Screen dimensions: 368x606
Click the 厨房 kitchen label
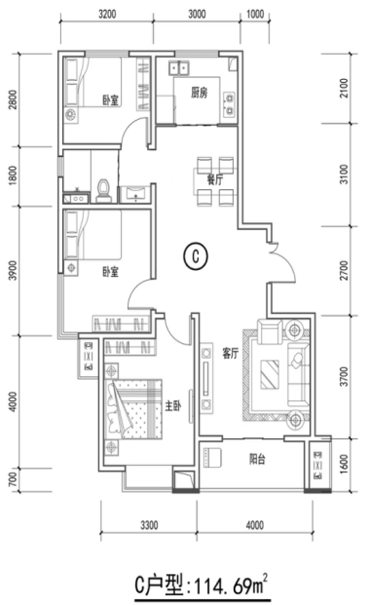(199, 93)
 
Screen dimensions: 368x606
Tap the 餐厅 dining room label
(215, 179)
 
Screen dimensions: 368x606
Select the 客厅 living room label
(230, 353)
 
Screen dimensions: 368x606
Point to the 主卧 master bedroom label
(173, 406)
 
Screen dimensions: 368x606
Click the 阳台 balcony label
(257, 459)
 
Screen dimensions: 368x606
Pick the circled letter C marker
(196, 255)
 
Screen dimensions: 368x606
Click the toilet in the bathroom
(103, 191)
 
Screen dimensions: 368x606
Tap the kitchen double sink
(178, 68)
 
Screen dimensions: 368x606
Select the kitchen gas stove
(229, 104)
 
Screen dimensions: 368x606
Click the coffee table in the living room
(270, 374)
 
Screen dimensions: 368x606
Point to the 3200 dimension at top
(107, 15)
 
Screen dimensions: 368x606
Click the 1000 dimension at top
(255, 15)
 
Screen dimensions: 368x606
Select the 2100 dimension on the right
(344, 88)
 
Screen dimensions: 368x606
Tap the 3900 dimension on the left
(13, 271)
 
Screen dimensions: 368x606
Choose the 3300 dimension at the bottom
(149, 525)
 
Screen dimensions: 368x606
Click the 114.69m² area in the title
(232, 586)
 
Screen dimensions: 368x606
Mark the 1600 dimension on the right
(344, 464)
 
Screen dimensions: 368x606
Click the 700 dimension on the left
(13, 479)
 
